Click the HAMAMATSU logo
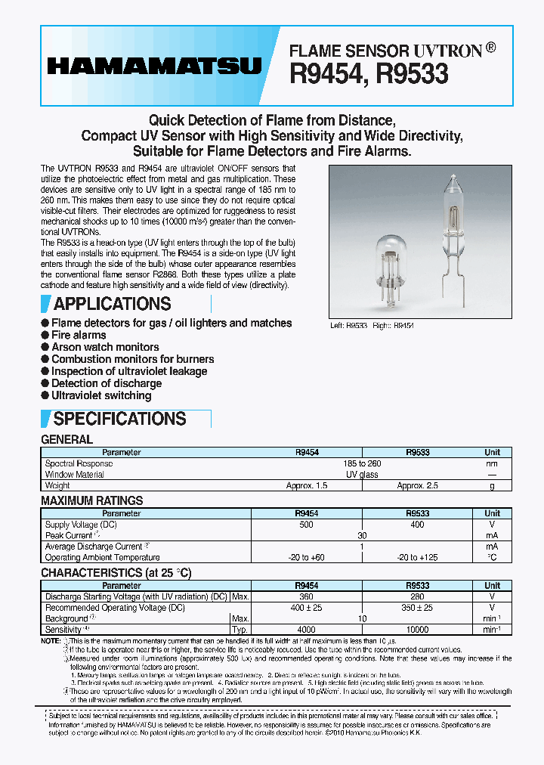coord(153,67)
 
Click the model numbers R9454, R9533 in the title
coord(369,73)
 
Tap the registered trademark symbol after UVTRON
coord(491,48)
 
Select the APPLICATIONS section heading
coord(112,304)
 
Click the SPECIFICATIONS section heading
coord(119,419)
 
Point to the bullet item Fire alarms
coord(79,335)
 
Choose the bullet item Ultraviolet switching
coord(101,395)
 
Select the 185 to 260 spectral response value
coord(363,463)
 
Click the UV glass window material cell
coord(363,475)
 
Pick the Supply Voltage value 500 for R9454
coord(307,524)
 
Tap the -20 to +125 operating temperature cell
coord(417,557)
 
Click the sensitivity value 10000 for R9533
coord(417,629)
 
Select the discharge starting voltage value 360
coord(307,596)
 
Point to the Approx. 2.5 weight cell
coord(417,485)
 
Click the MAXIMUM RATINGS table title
coord(91,500)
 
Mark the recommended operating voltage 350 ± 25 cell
coord(417,607)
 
